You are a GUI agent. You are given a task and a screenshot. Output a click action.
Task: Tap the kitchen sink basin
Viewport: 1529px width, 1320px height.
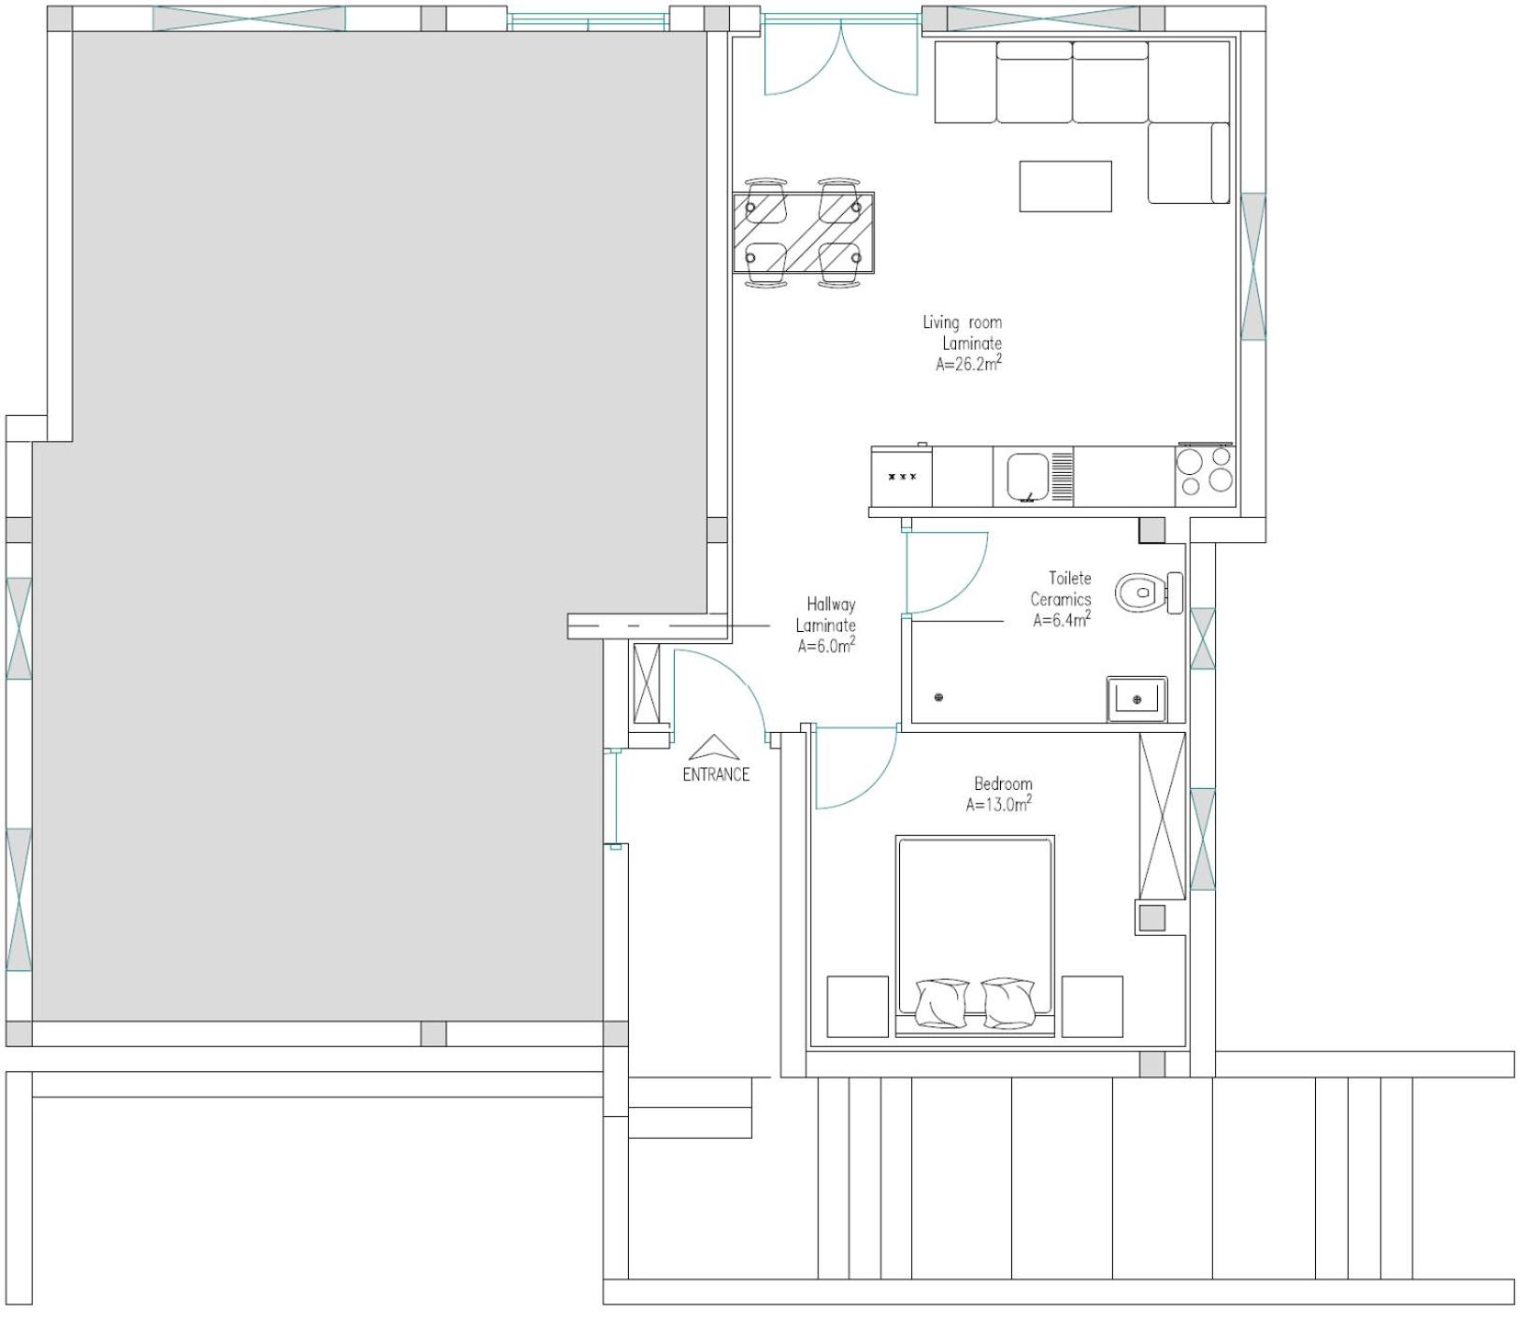(1029, 476)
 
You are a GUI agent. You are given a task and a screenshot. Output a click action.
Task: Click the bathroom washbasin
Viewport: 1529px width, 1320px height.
(1136, 698)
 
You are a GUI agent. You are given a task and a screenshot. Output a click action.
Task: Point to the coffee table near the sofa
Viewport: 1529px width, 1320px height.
(1065, 186)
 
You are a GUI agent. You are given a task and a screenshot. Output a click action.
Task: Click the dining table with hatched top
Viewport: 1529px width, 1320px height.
(804, 233)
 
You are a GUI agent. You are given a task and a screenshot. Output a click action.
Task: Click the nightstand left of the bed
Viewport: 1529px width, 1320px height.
(858, 1006)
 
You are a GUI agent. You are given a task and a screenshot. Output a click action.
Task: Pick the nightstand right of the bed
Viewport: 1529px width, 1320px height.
(1092, 1006)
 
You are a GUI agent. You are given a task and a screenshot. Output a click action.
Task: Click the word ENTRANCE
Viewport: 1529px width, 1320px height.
(716, 774)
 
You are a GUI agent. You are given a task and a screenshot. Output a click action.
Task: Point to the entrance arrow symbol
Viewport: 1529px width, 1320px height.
(715, 746)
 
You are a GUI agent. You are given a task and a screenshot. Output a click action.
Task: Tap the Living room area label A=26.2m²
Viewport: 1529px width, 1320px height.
(969, 365)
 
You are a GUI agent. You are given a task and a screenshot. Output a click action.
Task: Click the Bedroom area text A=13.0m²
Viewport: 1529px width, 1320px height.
(999, 804)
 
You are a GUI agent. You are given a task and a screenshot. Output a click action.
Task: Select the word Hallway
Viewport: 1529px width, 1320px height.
(831, 605)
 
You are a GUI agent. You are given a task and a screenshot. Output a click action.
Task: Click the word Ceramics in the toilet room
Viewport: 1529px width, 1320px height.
(1061, 599)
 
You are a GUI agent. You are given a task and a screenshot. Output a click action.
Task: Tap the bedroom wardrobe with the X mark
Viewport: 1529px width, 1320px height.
(1162, 816)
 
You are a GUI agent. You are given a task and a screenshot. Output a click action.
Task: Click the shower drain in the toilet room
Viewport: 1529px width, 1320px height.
(939, 697)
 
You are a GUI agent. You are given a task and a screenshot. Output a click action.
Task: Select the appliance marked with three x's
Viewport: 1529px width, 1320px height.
(902, 477)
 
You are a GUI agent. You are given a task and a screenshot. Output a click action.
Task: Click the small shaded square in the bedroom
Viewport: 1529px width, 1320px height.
(1152, 918)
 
